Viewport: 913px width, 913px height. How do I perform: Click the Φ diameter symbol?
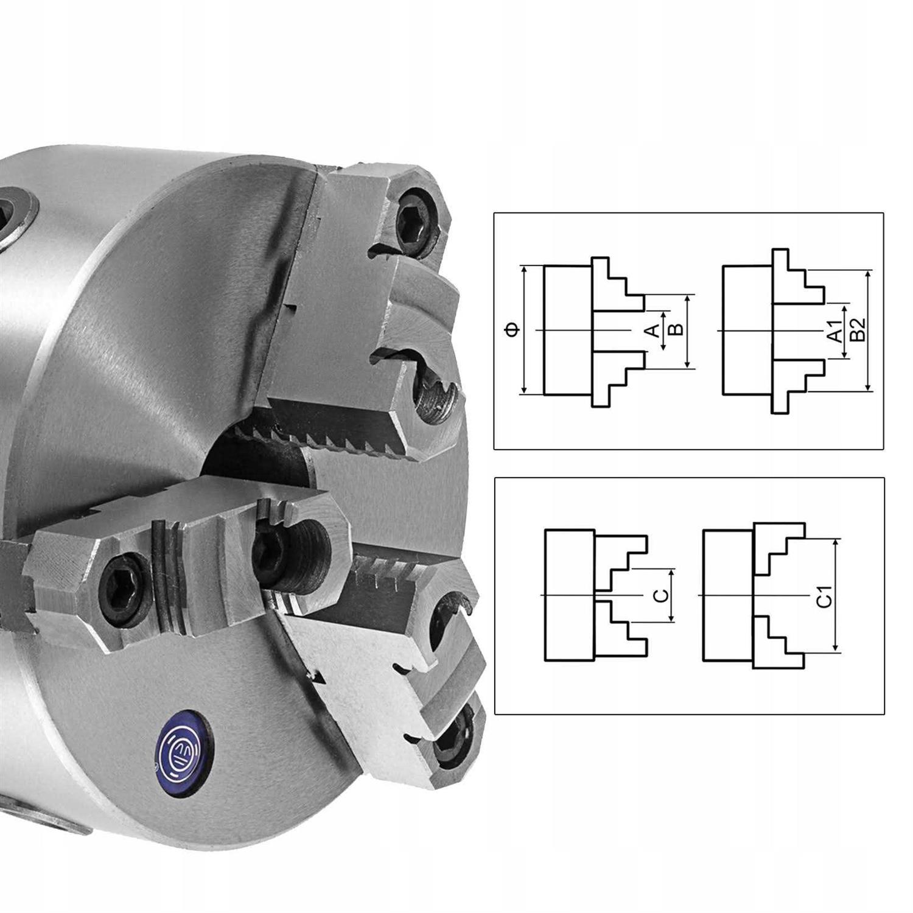512,330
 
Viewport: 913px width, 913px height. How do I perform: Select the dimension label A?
652,331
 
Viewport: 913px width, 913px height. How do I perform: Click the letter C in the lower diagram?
662,595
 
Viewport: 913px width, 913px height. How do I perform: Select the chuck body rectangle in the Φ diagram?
567,330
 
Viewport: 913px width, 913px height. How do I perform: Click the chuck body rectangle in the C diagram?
569,595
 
